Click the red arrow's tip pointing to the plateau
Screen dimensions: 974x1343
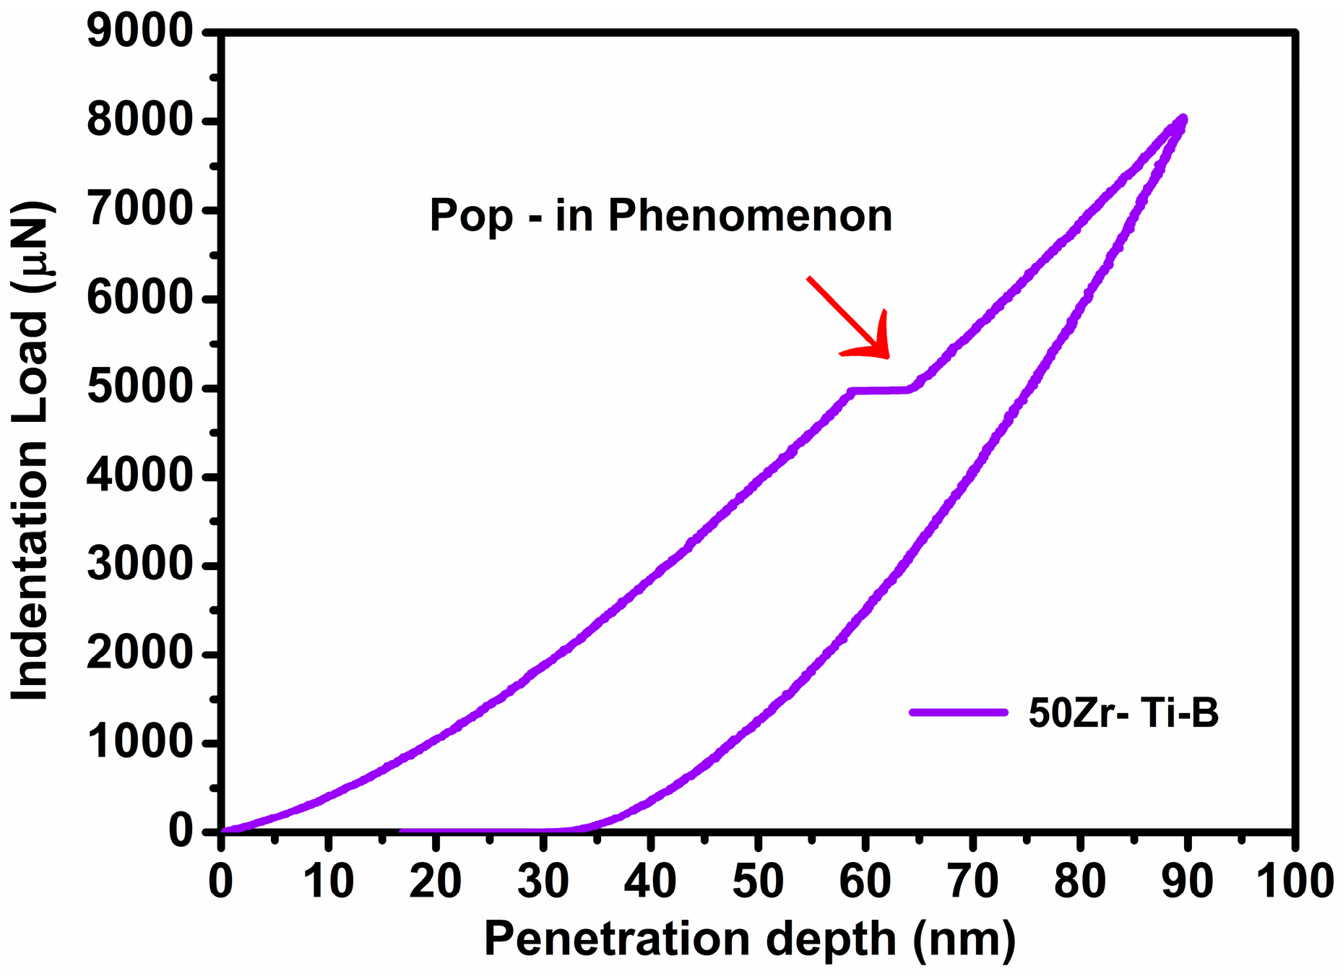887,356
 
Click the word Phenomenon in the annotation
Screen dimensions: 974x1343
750,215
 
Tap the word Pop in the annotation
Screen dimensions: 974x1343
471,215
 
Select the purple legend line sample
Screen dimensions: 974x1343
958,712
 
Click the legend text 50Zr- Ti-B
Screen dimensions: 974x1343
1123,713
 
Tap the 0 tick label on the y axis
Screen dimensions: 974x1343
181,832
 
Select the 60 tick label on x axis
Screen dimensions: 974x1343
865,882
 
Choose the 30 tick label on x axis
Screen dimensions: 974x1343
543,882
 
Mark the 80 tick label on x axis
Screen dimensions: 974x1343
1079,882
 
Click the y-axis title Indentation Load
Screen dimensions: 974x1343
30,506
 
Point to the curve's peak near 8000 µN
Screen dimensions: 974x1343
1182,119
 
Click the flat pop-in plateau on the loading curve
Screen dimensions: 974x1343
880,391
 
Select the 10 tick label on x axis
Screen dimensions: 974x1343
328,882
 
